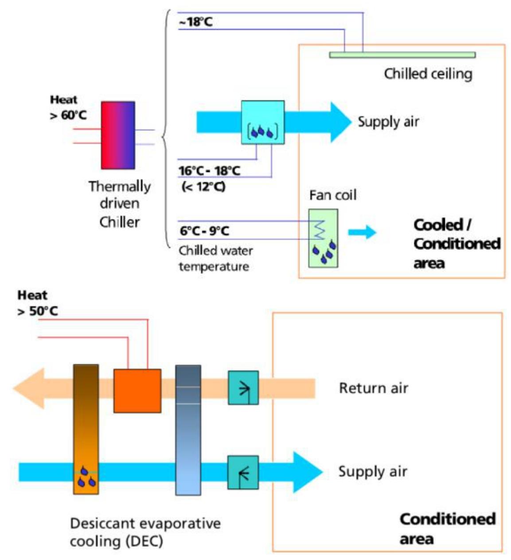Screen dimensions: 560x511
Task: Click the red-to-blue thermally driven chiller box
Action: (117, 135)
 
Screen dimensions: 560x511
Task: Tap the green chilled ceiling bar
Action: (402, 55)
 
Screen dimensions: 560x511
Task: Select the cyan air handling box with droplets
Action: (262, 122)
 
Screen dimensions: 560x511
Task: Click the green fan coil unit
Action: (323, 238)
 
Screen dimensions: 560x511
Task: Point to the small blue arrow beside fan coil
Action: (362, 232)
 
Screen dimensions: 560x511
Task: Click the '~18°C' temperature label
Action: (195, 22)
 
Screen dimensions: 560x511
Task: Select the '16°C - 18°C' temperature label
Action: (209, 171)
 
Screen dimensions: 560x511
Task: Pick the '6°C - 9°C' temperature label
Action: (204, 231)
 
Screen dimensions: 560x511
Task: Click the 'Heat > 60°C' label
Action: (68, 107)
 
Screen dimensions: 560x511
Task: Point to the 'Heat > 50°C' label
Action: (37, 303)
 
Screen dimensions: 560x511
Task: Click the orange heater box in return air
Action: (137, 390)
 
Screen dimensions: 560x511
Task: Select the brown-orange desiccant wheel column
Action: (86, 429)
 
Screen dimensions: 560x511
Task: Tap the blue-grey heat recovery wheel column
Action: (188, 430)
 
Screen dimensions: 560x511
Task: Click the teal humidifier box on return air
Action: (243, 388)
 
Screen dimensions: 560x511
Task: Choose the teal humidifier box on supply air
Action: (243, 473)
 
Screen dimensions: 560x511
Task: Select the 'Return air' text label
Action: (373, 388)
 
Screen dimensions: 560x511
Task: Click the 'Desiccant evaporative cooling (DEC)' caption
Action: (145, 532)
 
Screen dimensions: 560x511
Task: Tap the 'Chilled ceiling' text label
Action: (428, 74)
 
